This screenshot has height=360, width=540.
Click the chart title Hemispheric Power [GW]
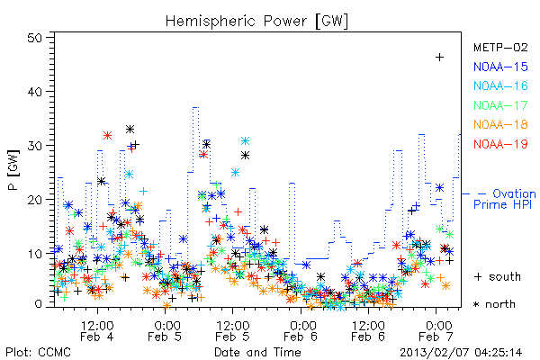click(256, 22)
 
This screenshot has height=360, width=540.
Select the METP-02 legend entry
click(500, 47)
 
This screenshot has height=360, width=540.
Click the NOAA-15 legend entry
click(500, 67)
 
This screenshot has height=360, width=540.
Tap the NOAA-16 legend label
click(500, 85)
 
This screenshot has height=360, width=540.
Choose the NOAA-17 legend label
click(500, 105)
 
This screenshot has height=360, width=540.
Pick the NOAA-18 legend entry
click(500, 124)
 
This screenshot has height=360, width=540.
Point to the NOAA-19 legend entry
click(500, 144)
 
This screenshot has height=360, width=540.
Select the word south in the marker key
click(505, 276)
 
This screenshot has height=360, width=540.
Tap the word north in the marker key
click(500, 304)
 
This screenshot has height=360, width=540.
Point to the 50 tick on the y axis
click(34, 38)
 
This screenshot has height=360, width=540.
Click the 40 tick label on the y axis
click(34, 92)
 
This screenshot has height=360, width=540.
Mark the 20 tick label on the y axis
click(34, 200)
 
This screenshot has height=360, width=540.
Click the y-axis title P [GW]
click(13, 170)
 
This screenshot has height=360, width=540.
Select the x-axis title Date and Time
click(257, 353)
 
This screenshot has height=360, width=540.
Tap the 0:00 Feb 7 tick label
click(436, 330)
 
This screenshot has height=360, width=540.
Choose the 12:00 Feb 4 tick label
click(97, 330)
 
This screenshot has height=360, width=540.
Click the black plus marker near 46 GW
click(439, 58)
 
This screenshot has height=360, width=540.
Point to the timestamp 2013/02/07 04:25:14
click(461, 353)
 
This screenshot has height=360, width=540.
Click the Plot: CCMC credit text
click(38, 353)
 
